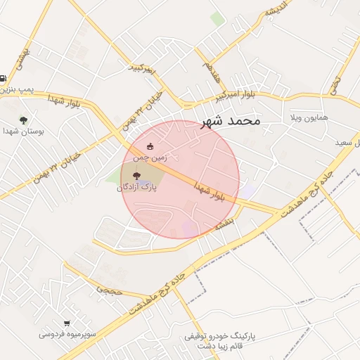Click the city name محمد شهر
click(231, 121)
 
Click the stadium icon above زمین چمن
click(150, 146)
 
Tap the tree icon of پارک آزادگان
click(136, 176)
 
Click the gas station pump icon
click(4, 79)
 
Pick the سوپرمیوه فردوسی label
click(67, 334)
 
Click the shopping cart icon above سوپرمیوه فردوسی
click(67, 323)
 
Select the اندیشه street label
click(277, 14)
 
